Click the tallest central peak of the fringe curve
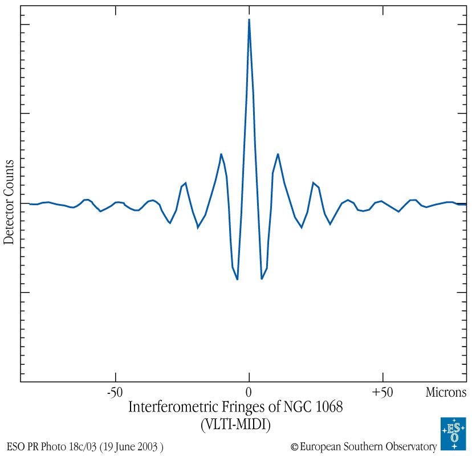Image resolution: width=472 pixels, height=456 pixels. [249, 20]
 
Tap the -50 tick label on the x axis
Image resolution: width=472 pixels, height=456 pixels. [115, 393]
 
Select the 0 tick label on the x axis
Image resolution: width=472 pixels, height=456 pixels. [249, 393]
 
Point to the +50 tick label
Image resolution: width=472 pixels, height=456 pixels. [382, 393]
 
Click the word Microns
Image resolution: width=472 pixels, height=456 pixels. [446, 393]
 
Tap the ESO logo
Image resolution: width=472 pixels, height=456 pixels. [453, 434]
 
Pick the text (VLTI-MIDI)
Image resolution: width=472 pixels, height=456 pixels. [235, 425]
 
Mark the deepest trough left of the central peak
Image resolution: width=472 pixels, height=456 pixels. [237, 279]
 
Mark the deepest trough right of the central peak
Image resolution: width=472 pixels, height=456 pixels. [262, 279]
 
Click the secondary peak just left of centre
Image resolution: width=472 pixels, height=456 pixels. [221, 154]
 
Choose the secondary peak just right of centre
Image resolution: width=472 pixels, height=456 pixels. [278, 154]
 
